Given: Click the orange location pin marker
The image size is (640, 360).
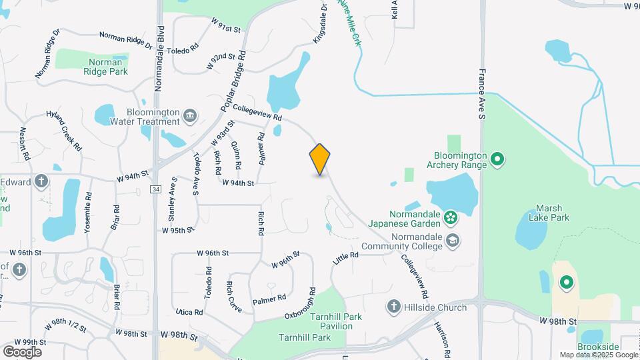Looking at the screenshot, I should click(320, 159).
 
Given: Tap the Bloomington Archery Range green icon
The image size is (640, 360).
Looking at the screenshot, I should click(497, 159).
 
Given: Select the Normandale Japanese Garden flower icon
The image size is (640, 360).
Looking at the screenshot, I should click(451, 217).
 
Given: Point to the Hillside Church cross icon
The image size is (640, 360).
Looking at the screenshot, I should click(393, 307).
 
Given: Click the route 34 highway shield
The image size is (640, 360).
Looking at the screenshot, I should click(155, 189).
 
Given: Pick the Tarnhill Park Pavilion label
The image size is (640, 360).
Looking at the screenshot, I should click(336, 321).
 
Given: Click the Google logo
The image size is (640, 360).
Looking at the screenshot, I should click(22, 351).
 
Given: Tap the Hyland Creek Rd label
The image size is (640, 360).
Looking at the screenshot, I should click(64, 131).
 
